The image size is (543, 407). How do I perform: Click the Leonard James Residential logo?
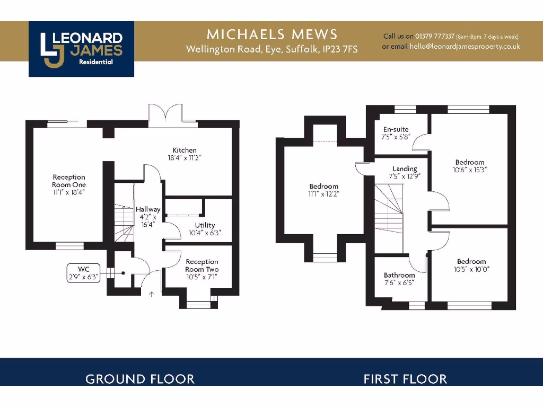click(81, 49)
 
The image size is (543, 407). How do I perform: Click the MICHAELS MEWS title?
click(271, 35)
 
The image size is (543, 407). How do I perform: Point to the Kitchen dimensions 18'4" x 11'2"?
click(184, 158)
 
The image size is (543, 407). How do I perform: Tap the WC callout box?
click(83, 273)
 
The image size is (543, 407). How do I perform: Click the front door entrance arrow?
click(152, 294)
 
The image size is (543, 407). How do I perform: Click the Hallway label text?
click(147, 210)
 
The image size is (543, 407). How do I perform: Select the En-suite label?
click(396, 129)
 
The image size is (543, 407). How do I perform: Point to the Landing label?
click(405, 169)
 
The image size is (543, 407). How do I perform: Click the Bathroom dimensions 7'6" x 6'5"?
click(399, 282)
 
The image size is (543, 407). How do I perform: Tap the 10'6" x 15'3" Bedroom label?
click(469, 166)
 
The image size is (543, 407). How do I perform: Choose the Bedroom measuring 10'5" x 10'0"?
click(471, 265)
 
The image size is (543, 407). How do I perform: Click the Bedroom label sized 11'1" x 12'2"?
click(323, 190)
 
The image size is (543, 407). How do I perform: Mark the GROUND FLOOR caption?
click(140, 379)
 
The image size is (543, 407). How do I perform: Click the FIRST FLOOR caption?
click(405, 379)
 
